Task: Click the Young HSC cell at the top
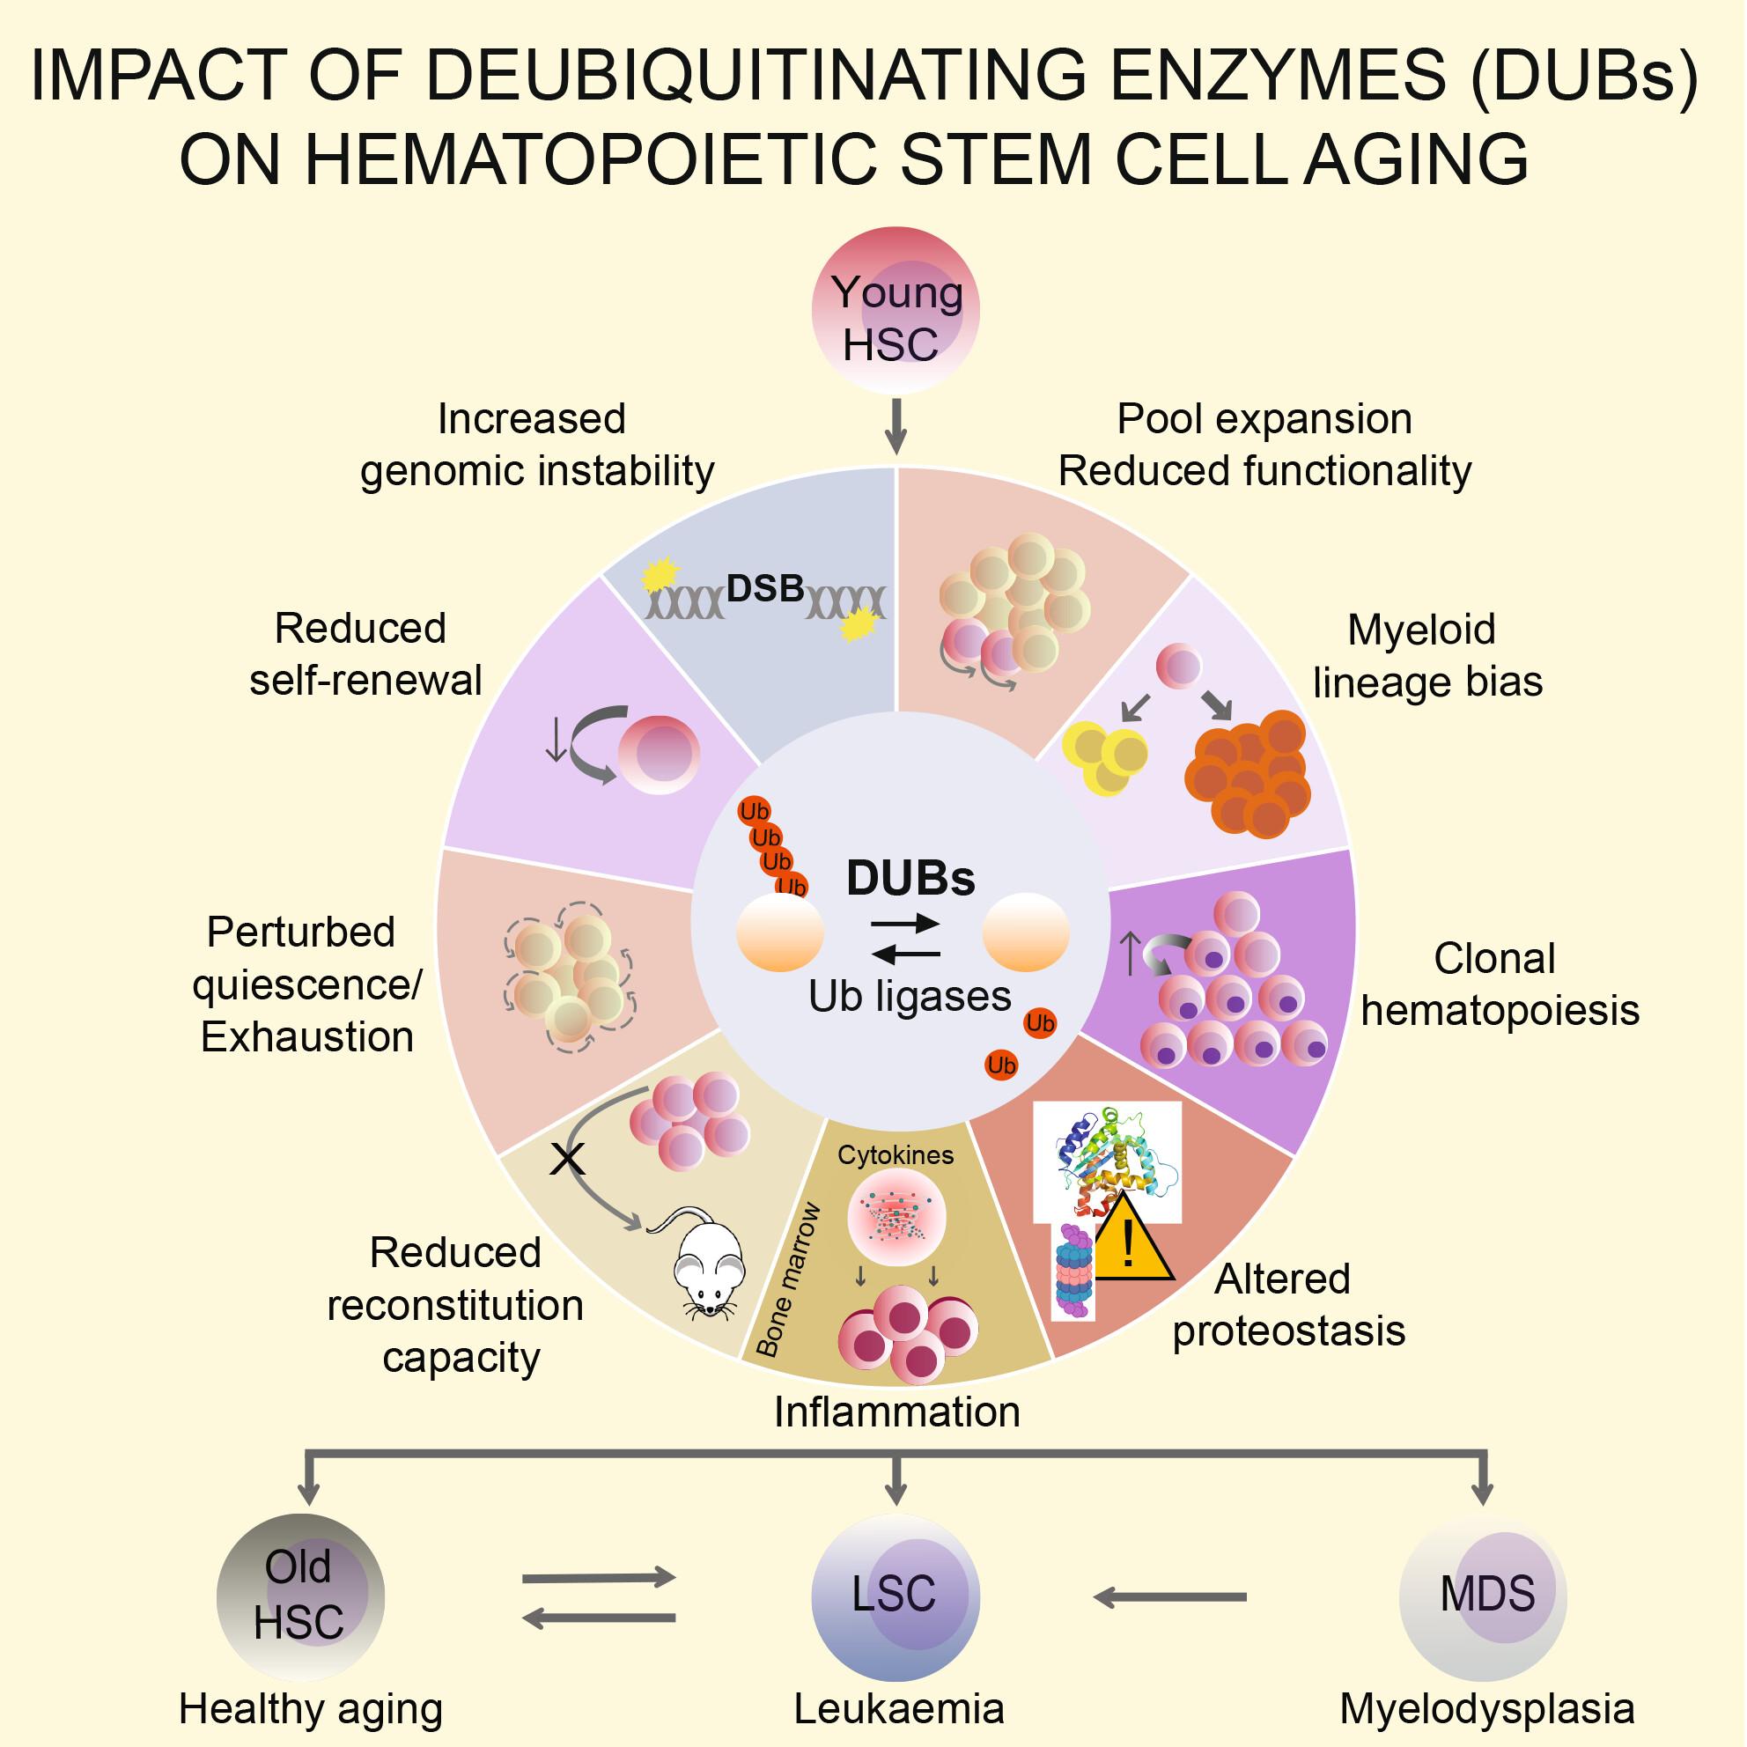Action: click(x=896, y=310)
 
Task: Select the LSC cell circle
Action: click(x=896, y=1598)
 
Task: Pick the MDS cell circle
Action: click(x=1483, y=1598)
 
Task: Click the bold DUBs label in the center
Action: click(x=910, y=877)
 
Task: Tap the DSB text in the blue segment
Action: click(x=765, y=589)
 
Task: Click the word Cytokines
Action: click(x=896, y=1154)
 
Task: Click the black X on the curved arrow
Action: click(x=568, y=1158)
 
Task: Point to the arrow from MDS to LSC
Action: click(x=1170, y=1598)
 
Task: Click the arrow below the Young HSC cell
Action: click(x=896, y=425)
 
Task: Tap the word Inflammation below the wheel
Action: click(x=897, y=1412)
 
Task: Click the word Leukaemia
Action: click(x=899, y=1710)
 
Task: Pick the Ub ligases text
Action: click(x=910, y=998)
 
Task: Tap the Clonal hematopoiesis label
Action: click(x=1500, y=984)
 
